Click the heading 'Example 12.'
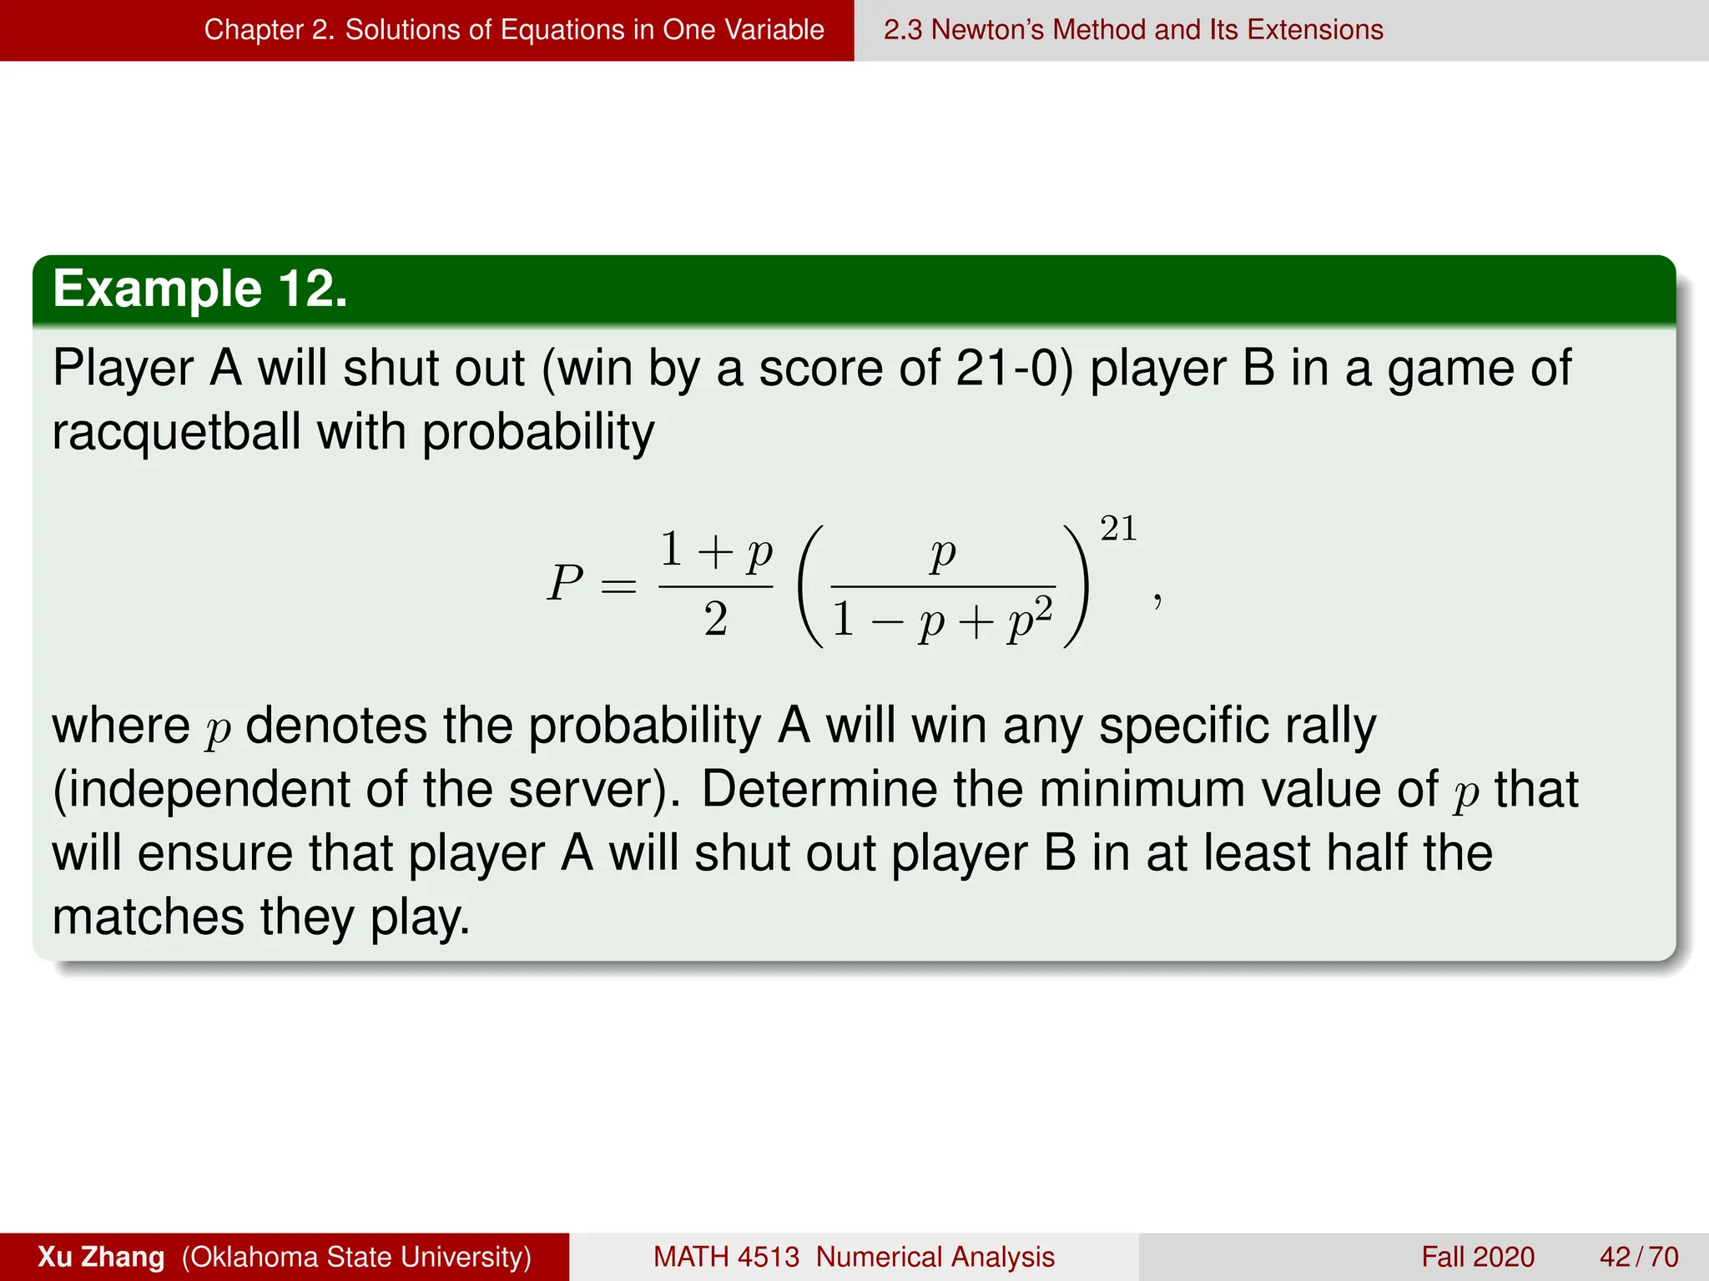coord(199,289)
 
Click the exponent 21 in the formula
coord(1118,529)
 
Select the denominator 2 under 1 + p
coord(715,620)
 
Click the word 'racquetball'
coord(176,433)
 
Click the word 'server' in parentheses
coord(577,790)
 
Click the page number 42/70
coord(1639,1257)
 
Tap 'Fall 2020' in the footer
coord(1478,1257)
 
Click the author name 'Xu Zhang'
coord(101,1257)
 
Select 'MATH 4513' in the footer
coord(726,1257)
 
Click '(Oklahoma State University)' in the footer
coord(356,1257)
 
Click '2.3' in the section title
coord(903,30)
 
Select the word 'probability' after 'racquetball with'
coord(538,433)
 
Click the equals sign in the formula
coord(618,586)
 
